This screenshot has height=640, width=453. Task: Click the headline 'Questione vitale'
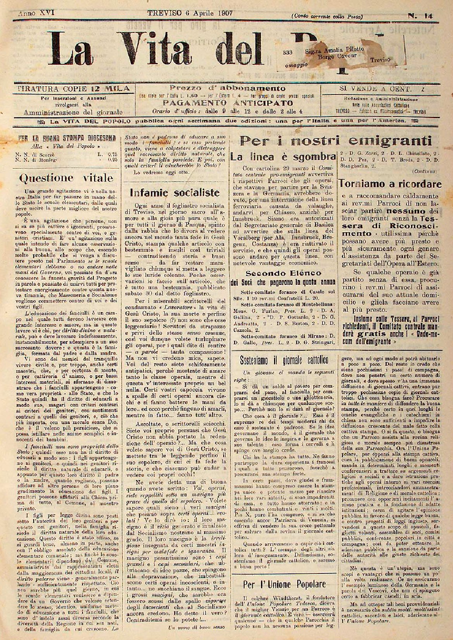pyautogui.click(x=67, y=178)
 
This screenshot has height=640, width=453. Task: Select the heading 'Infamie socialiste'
pyautogui.click(x=175, y=192)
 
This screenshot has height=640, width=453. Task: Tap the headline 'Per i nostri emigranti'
pyautogui.click(x=335, y=140)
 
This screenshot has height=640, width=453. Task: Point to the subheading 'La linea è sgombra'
pyautogui.click(x=282, y=157)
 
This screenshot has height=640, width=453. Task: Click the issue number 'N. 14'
pyautogui.click(x=420, y=15)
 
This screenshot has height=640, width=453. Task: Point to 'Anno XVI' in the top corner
pyautogui.click(x=36, y=12)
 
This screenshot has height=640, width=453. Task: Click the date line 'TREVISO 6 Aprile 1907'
pyautogui.click(x=190, y=13)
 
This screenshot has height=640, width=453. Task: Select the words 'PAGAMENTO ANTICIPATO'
pyautogui.click(x=227, y=103)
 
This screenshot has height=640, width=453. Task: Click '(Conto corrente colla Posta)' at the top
pyautogui.click(x=328, y=16)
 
